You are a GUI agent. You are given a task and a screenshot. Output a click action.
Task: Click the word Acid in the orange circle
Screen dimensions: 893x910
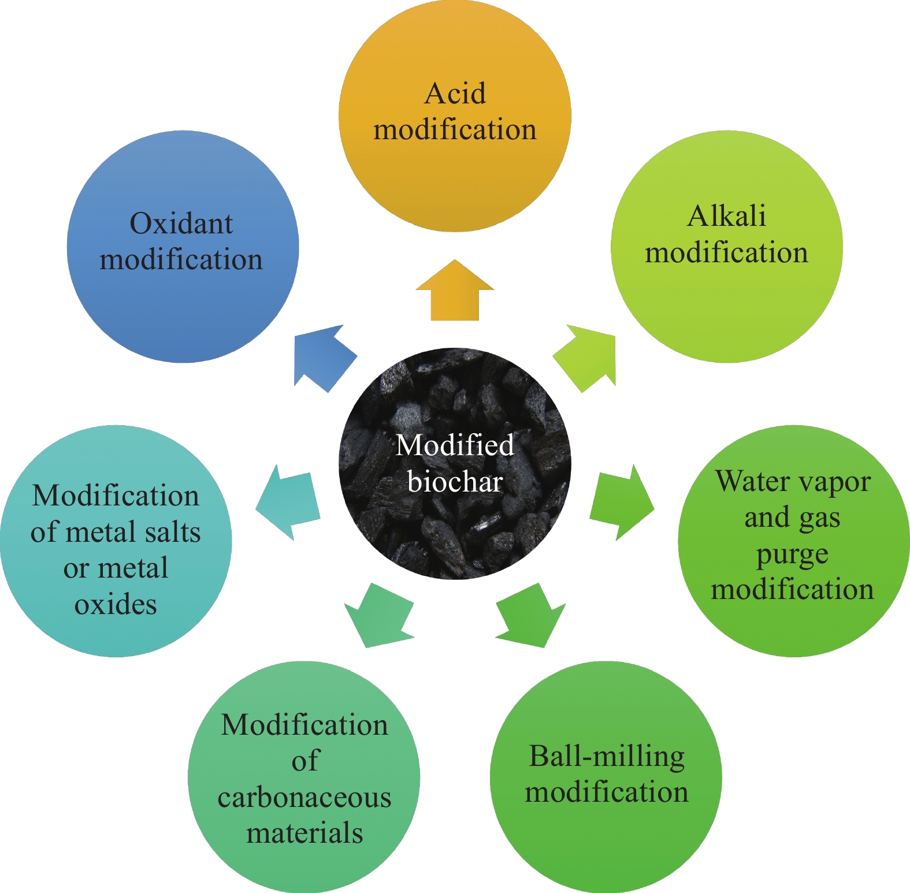tap(455, 94)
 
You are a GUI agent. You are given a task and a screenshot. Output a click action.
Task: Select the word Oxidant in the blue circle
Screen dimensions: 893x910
tap(181, 224)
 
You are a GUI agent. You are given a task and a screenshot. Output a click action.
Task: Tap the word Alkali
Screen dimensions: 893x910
tap(727, 217)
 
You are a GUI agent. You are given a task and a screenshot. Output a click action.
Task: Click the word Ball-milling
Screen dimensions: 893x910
tap(607, 757)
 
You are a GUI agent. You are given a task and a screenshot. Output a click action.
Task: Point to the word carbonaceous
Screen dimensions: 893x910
tap(304, 798)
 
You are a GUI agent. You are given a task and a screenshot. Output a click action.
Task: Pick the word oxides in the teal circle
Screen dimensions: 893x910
tap(116, 605)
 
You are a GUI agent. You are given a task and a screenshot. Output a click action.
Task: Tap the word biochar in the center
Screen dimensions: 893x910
tap(455, 482)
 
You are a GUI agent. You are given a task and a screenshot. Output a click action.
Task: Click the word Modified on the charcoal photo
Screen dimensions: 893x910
tap(455, 445)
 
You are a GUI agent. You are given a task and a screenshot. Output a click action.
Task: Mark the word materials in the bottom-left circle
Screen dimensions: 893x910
tap(304, 834)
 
